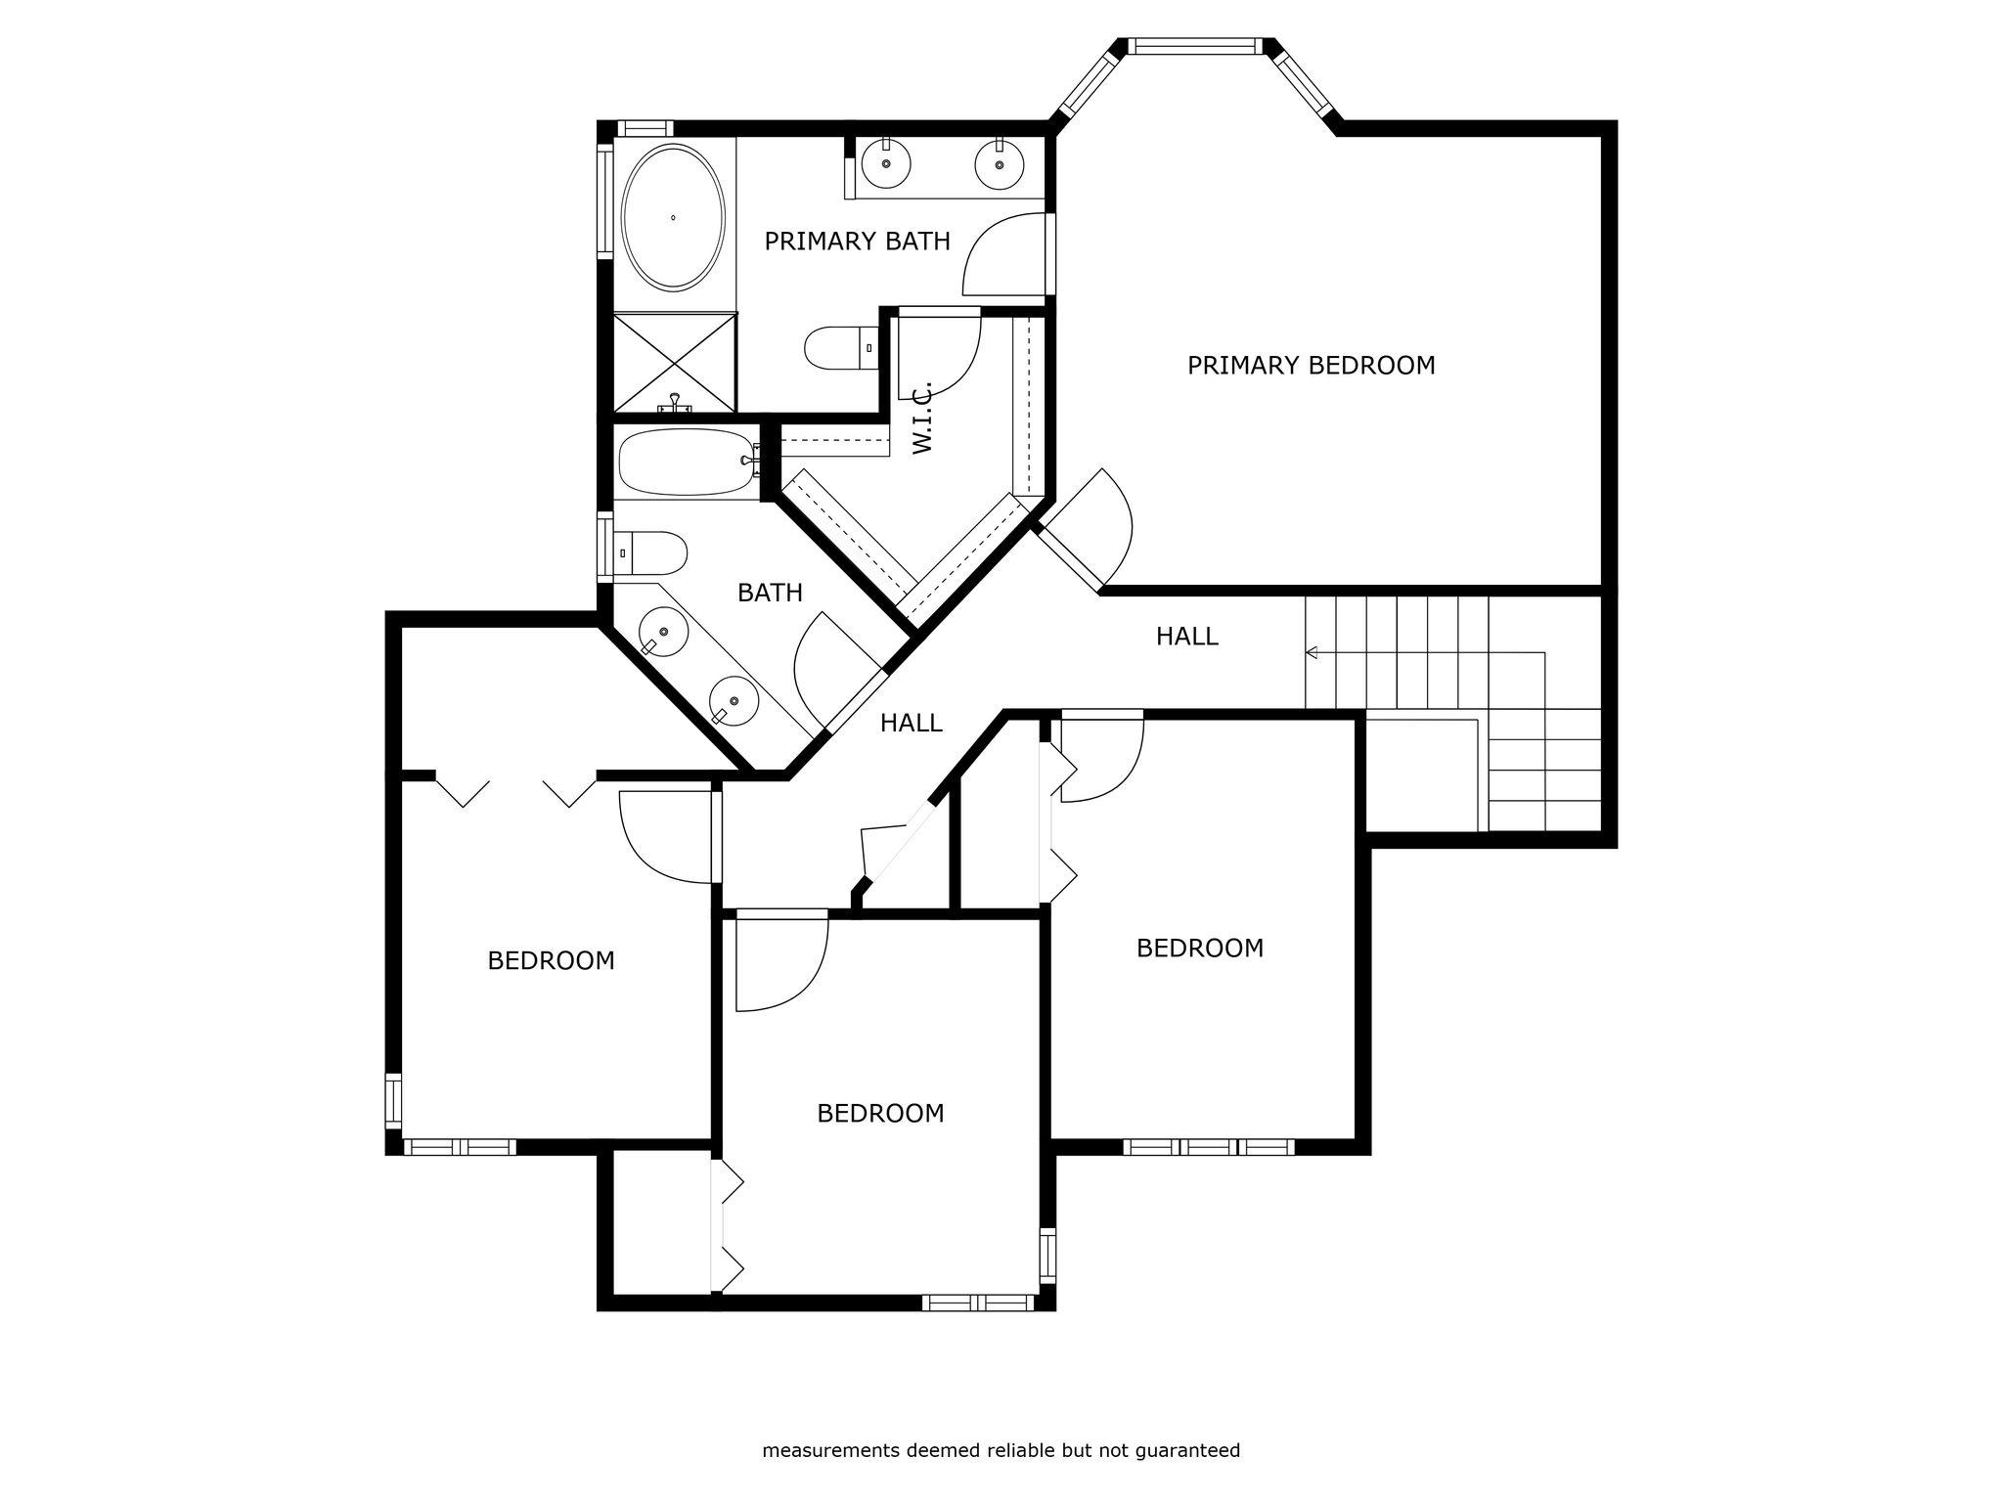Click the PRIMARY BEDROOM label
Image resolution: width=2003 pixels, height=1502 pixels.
(x=1311, y=366)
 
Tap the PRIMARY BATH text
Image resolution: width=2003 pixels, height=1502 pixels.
(x=857, y=242)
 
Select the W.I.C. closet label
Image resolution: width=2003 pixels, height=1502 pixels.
(x=922, y=418)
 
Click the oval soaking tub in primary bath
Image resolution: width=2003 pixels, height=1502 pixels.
(x=674, y=217)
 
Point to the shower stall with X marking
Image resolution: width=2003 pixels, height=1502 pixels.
(x=674, y=363)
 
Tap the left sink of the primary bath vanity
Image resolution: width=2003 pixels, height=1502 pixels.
(x=886, y=162)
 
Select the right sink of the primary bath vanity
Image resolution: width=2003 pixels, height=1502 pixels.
(x=1000, y=163)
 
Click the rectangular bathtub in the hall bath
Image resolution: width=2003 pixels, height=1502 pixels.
(x=688, y=462)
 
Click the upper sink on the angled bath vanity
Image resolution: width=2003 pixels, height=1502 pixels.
(x=663, y=632)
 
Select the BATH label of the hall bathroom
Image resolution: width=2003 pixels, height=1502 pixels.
(x=770, y=593)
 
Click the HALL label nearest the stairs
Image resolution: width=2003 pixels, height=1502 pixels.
(x=1186, y=637)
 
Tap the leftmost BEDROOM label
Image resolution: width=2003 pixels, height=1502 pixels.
(x=551, y=961)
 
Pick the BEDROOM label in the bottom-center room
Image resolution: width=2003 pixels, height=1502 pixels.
(x=880, y=1114)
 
